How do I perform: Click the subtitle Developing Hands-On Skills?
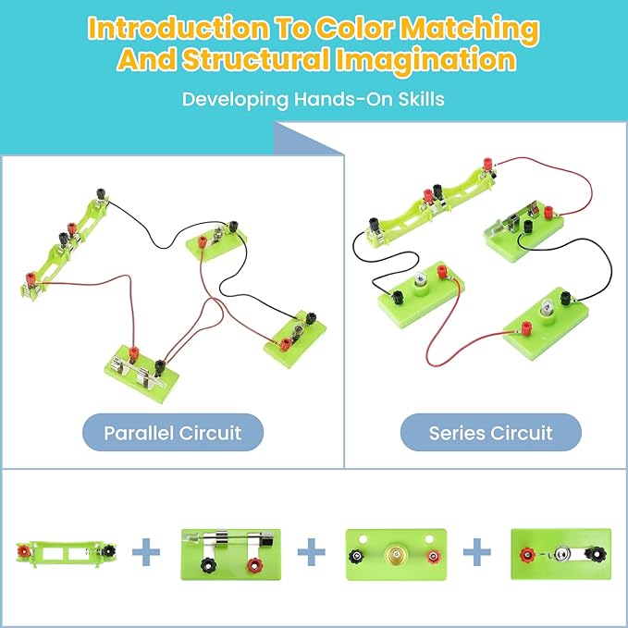point(314,98)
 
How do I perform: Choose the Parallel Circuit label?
point(172,432)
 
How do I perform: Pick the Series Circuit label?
point(490,432)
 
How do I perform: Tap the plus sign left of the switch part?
point(476,553)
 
